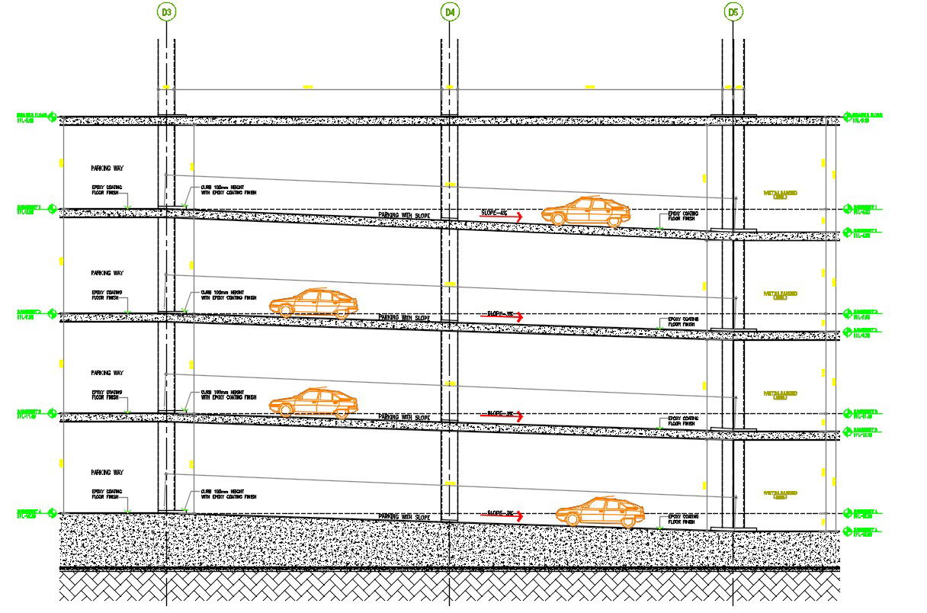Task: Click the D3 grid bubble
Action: (x=166, y=11)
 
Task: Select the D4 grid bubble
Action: (x=450, y=11)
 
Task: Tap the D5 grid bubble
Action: (x=733, y=11)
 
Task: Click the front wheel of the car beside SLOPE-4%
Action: (x=558, y=219)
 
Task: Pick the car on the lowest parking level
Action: (x=601, y=511)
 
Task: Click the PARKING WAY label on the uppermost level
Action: (x=107, y=168)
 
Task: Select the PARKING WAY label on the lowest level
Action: (x=107, y=472)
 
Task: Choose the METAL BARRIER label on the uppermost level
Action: (x=780, y=194)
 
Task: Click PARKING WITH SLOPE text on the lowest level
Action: (x=404, y=517)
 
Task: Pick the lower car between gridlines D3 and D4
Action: (x=313, y=403)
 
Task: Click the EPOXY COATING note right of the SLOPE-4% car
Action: (x=682, y=216)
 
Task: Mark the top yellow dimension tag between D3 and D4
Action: (x=308, y=87)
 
